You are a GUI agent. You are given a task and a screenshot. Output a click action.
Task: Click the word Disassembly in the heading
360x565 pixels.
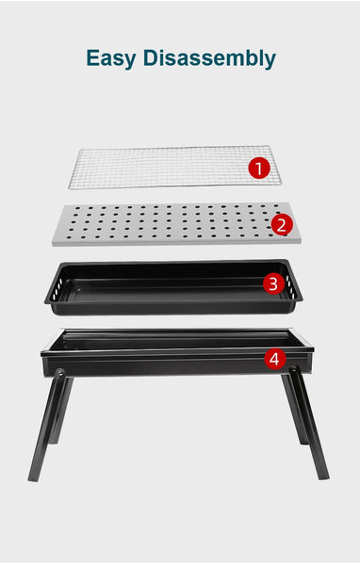[208, 58]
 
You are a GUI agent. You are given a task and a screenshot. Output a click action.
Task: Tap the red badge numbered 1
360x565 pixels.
[259, 169]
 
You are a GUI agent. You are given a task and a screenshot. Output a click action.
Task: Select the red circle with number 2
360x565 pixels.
[280, 224]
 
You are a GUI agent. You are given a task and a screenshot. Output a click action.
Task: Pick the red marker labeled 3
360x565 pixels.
[272, 282]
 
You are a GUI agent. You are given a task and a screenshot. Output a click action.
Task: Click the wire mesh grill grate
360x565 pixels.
[160, 168]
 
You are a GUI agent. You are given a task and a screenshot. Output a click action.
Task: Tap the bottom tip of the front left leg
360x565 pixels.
[33, 476]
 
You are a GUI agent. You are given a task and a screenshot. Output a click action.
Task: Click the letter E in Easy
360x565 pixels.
[92, 58]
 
